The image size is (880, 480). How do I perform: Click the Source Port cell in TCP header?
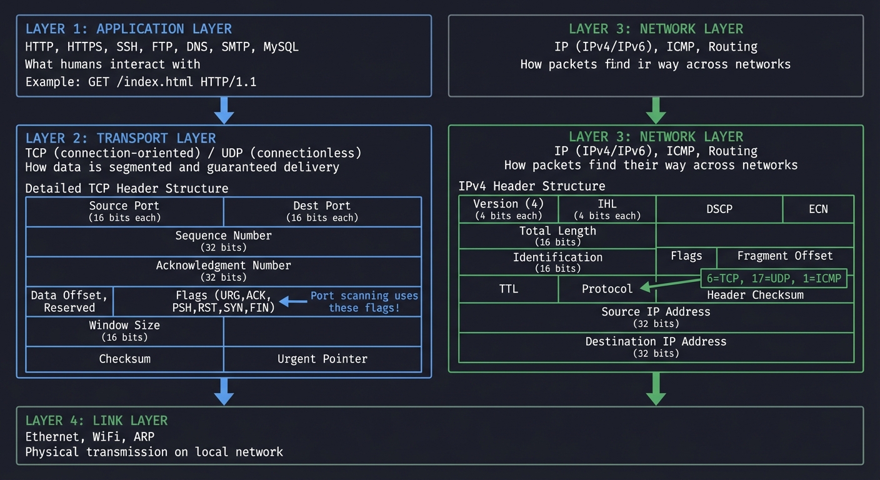point(124,211)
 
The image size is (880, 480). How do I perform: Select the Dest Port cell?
point(322,211)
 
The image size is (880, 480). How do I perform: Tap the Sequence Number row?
point(223,241)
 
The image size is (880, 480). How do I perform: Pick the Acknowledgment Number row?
point(223,271)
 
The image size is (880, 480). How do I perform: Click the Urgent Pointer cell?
point(322,359)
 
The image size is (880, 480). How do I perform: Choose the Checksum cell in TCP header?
point(124,359)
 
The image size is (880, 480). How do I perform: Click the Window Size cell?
point(124,331)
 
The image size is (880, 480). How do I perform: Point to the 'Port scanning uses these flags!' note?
point(364,302)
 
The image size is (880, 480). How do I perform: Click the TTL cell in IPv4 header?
point(508,289)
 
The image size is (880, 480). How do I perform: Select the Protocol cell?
point(607,289)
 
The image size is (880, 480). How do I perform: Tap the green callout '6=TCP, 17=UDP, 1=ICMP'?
point(774,278)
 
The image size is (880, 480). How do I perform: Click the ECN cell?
point(818,209)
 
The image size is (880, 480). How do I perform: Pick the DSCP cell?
point(719,209)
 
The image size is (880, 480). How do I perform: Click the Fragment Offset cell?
point(784,256)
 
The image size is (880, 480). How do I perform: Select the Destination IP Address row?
point(656,347)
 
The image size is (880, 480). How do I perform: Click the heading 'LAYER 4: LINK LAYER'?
point(96,421)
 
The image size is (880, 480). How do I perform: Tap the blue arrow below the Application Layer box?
point(224,111)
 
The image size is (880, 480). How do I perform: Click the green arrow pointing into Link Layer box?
point(656,389)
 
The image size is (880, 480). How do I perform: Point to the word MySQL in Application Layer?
point(281,47)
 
